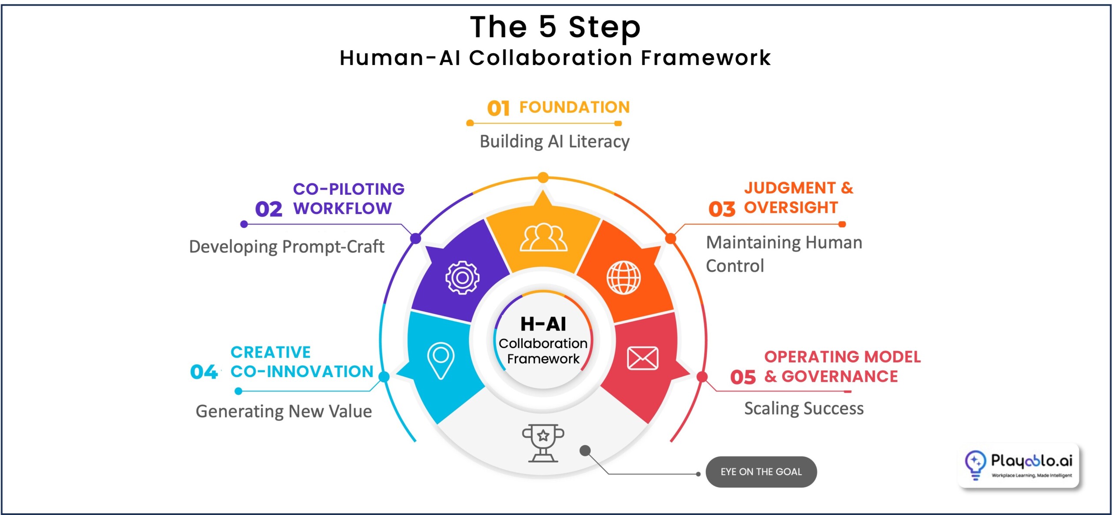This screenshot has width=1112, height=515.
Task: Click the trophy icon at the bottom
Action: point(543,443)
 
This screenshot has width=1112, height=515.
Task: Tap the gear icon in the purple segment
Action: point(462,278)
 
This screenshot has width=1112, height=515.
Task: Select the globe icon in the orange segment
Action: point(623,278)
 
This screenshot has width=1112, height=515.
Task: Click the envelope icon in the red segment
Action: point(642,358)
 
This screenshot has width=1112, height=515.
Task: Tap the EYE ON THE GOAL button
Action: point(761,472)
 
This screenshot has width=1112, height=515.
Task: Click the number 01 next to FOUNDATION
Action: point(498,108)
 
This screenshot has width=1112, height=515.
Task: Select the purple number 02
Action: point(268,209)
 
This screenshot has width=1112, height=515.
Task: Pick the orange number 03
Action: point(721,209)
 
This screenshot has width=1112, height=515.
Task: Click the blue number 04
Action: point(204,372)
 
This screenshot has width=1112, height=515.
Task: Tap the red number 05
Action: point(743,377)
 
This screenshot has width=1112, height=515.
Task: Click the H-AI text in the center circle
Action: point(543,324)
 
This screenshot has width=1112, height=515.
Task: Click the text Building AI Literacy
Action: point(554,142)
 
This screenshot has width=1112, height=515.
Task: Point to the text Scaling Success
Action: point(804,409)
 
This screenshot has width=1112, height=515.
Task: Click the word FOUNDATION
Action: point(574,107)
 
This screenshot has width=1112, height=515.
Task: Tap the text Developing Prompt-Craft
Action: point(287,247)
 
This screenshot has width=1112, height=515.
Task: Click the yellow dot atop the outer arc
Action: point(543,177)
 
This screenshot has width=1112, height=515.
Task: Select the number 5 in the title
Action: point(547,27)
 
